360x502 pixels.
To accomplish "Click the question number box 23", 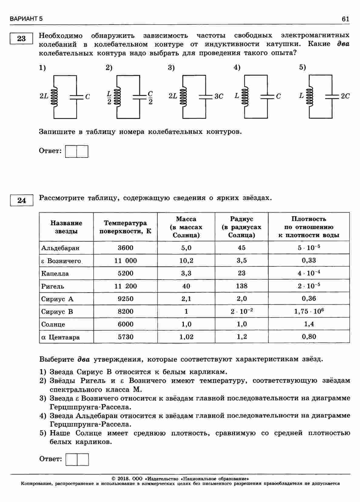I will click(21, 39).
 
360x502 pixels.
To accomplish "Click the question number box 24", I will click(21, 201).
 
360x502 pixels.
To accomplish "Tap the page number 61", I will click(345, 19).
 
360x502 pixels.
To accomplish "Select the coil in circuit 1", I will click(55, 97).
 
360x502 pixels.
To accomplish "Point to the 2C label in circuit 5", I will click(345, 96).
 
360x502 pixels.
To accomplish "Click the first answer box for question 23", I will click(71, 151).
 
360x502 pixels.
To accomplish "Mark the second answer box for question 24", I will click(83, 460).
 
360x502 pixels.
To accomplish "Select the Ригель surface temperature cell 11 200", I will click(126, 286).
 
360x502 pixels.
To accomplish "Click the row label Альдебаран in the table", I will click(60, 248).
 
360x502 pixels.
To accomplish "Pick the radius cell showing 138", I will click(241, 286).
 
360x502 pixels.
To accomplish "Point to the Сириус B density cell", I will click(309, 311).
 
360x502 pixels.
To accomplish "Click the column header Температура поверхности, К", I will click(125, 227).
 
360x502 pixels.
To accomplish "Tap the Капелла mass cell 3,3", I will click(186, 273).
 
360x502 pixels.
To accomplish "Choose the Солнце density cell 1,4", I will click(309, 324).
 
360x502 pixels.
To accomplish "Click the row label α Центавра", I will click(61, 337).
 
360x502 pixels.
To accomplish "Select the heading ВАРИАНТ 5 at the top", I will click(26, 19).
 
